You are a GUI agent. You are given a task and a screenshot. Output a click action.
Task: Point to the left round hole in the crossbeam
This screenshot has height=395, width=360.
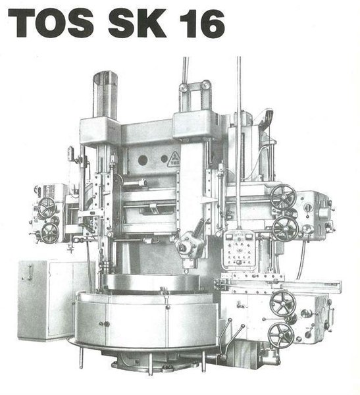[142, 159]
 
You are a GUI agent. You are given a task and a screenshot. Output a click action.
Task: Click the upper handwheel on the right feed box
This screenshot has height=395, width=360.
[283, 196]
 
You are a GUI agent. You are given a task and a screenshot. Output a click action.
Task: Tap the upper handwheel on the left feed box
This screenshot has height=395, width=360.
[47, 207]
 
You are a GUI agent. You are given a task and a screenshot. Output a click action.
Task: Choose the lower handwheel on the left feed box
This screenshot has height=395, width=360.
[49, 232]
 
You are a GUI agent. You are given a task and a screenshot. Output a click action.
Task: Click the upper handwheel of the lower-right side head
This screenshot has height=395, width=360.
[282, 302]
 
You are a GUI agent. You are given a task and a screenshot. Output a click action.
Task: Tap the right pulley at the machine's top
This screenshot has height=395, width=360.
[206, 85]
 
